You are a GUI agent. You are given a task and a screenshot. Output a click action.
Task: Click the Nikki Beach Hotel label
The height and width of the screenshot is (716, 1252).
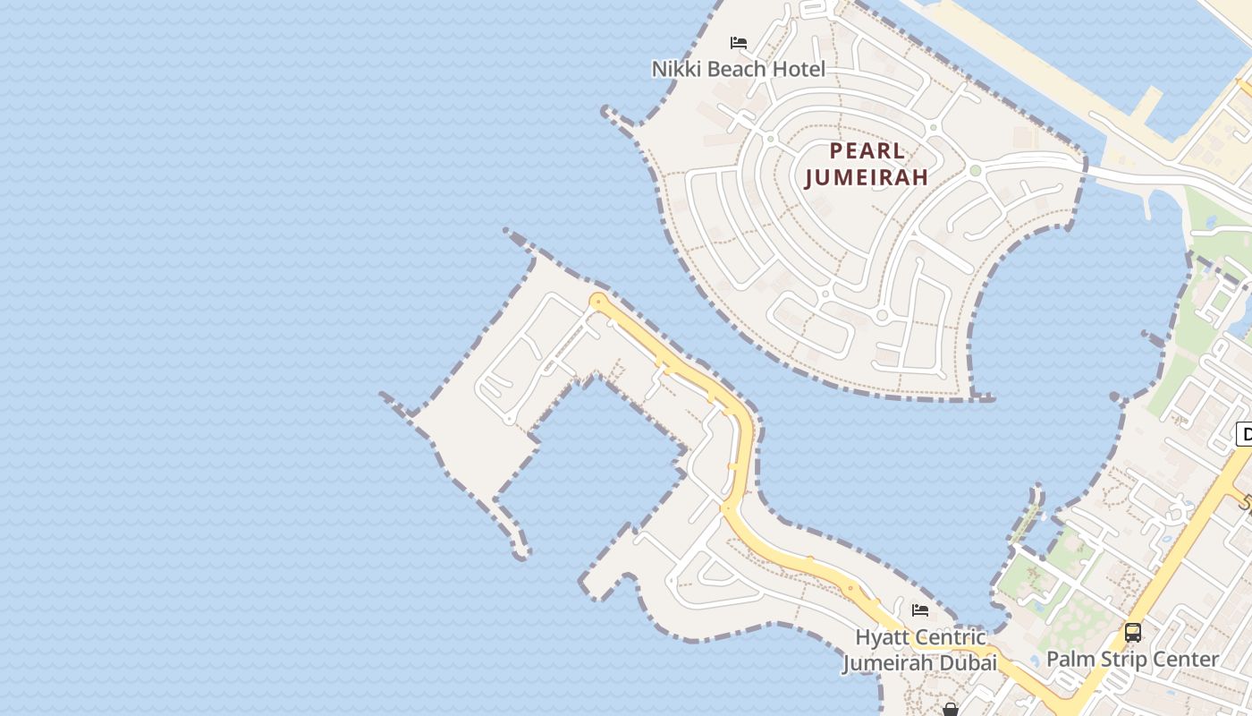click(738, 69)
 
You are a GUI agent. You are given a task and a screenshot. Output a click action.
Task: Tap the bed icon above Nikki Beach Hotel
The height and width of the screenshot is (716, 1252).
click(739, 43)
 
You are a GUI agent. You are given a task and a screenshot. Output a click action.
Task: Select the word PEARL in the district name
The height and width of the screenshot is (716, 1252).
click(867, 150)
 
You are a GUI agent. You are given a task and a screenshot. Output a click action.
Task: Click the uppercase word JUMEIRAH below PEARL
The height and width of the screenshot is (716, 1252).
click(866, 177)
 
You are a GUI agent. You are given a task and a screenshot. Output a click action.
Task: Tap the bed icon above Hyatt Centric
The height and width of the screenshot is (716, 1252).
click(919, 611)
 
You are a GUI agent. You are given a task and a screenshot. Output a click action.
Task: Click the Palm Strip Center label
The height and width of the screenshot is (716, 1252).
click(1132, 660)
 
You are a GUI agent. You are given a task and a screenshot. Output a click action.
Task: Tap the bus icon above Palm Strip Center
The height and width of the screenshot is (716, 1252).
click(1133, 633)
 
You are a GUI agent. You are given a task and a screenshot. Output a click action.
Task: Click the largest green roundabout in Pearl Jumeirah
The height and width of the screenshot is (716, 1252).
click(975, 170)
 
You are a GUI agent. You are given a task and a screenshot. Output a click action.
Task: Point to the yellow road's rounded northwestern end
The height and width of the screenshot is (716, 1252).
click(597, 302)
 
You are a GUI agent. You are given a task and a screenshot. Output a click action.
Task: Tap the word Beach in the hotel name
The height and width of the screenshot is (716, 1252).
click(732, 69)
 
